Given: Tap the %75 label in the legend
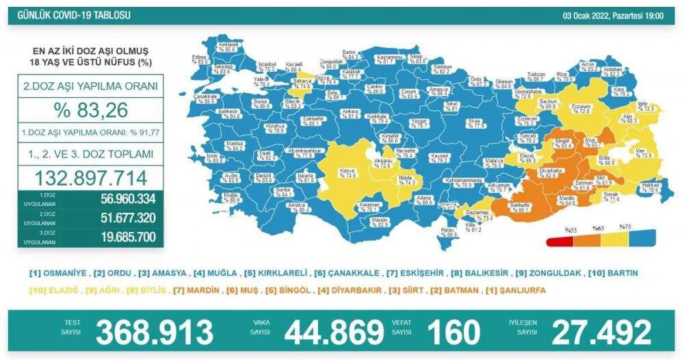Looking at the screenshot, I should pos(624,227).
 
